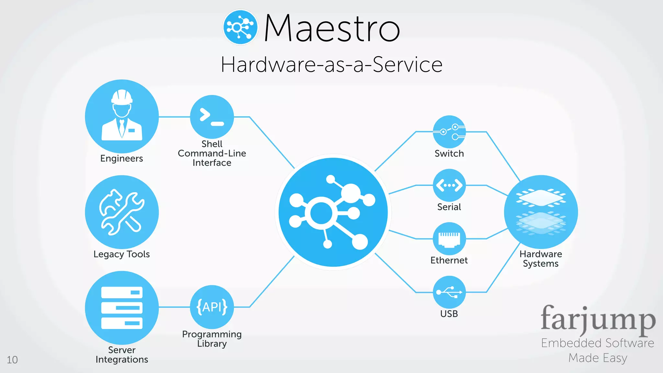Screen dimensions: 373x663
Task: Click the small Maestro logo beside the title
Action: (x=240, y=27)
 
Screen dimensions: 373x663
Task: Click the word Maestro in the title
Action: (x=332, y=28)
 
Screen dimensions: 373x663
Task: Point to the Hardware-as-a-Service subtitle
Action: (x=331, y=64)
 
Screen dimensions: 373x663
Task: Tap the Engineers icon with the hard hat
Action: (x=122, y=116)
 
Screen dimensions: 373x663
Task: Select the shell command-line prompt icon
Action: (x=212, y=117)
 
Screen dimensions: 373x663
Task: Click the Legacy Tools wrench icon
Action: (x=122, y=212)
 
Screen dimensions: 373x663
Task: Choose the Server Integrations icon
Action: (x=122, y=308)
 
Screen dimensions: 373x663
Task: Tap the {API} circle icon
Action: (x=212, y=307)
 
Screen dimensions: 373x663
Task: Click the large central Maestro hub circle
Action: (x=333, y=212)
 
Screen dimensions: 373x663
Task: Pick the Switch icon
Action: (x=449, y=132)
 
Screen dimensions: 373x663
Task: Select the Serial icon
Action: (x=449, y=185)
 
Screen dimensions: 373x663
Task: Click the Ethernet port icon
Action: (x=449, y=239)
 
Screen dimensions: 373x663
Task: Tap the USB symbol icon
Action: (x=449, y=292)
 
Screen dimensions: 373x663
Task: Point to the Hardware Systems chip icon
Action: (x=541, y=212)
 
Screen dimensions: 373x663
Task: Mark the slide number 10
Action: (x=12, y=360)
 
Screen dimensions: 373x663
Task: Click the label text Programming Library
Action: (x=212, y=339)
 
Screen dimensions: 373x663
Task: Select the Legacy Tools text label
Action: (x=122, y=254)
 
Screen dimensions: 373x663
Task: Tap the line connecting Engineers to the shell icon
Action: (x=174, y=117)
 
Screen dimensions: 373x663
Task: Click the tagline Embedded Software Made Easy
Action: (x=598, y=350)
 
